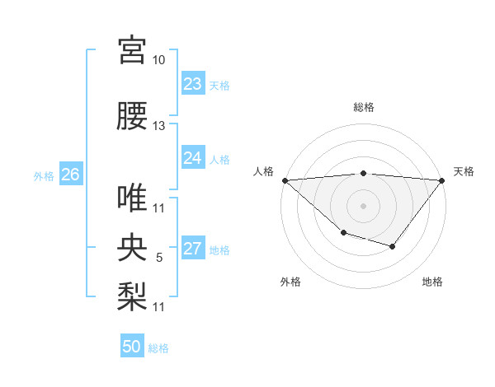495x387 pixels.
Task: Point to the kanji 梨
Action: tap(132, 295)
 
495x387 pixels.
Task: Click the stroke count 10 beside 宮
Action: tap(159, 60)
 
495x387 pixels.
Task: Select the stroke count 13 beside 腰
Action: tap(159, 126)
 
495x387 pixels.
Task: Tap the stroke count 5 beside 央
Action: tap(159, 258)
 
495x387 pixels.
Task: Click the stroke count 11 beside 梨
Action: tap(159, 306)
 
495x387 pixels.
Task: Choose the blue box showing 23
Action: tap(192, 84)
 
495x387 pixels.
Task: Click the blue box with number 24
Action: tap(192, 158)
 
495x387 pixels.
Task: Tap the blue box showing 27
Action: tap(192, 249)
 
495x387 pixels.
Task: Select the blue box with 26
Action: tap(70, 175)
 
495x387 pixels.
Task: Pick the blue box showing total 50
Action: tap(132, 347)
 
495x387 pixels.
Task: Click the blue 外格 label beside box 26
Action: tap(44, 175)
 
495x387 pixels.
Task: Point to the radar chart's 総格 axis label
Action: tap(363, 107)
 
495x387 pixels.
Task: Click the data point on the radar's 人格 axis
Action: tap(284, 180)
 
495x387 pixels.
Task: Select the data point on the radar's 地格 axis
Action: tap(393, 246)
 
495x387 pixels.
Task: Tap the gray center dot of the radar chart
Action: tap(363, 205)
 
